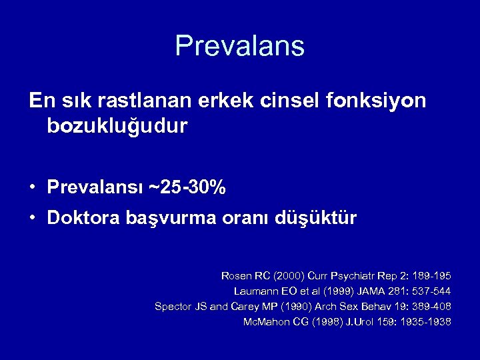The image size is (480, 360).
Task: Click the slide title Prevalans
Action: click(239, 46)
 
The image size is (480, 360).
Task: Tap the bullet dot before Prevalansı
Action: click(33, 188)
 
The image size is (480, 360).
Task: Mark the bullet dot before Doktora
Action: click(33, 218)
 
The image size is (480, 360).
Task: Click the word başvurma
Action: click(167, 219)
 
